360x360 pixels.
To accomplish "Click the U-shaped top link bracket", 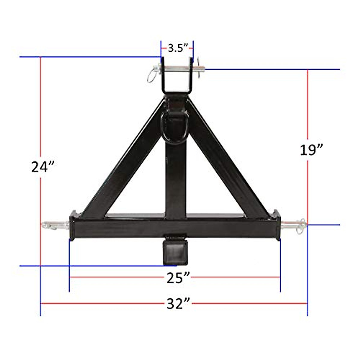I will coord(177,78).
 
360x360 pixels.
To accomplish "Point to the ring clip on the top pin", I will coord(152,74).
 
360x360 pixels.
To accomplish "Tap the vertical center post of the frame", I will coord(175,180).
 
